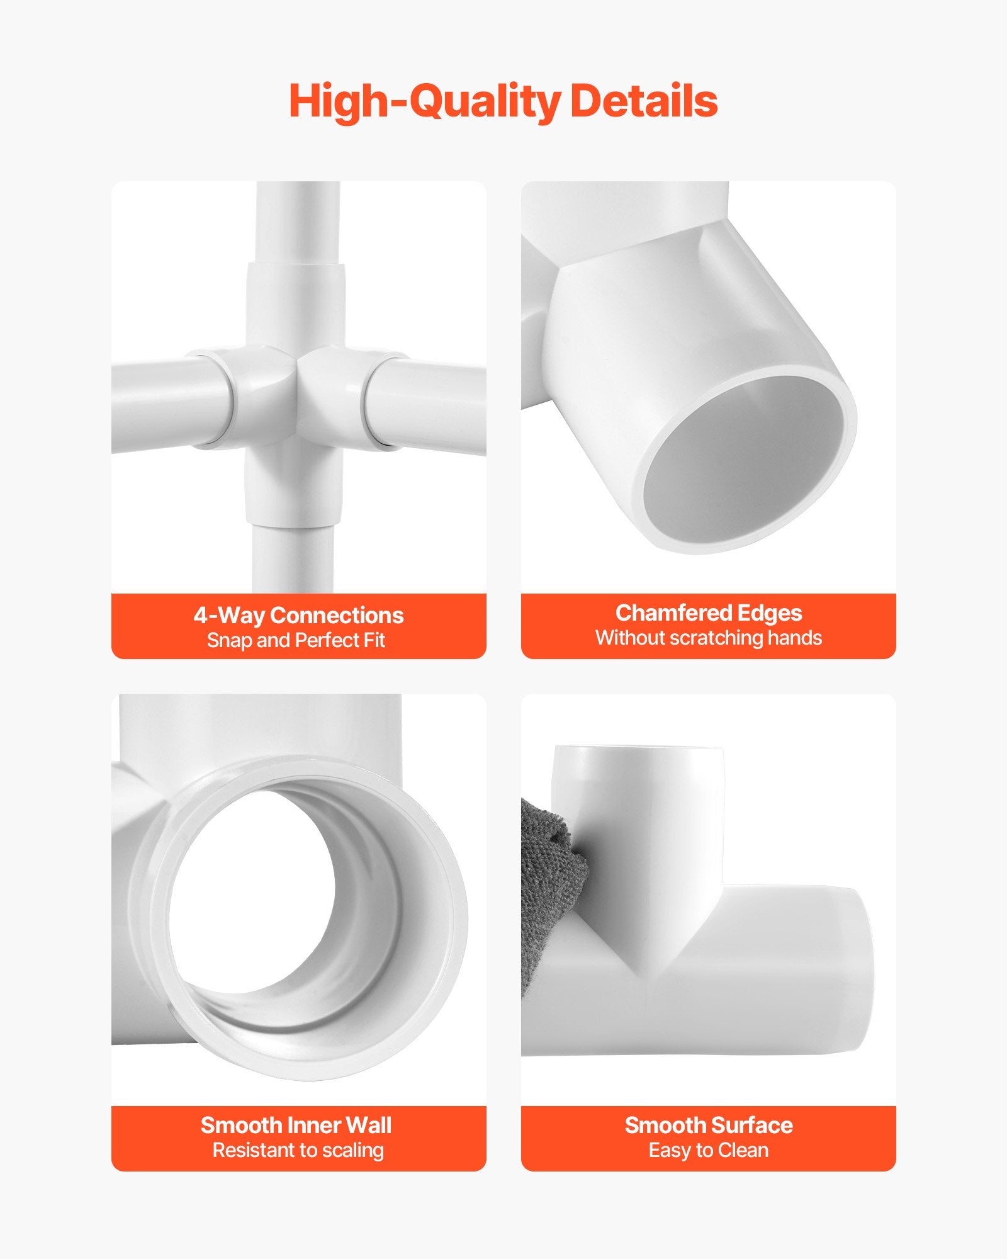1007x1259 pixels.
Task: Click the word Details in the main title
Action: point(644,101)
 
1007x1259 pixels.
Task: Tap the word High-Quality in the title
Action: point(424,102)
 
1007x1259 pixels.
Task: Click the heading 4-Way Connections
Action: point(298,615)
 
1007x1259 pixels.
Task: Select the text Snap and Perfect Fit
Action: point(296,640)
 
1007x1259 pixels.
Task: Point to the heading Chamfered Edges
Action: point(709,613)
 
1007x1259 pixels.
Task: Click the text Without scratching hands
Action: point(709,638)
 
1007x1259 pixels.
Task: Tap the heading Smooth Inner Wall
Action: point(296,1125)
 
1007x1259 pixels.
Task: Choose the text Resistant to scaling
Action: point(298,1150)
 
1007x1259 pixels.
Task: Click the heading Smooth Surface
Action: point(709,1125)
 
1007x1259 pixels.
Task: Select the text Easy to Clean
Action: point(709,1150)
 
